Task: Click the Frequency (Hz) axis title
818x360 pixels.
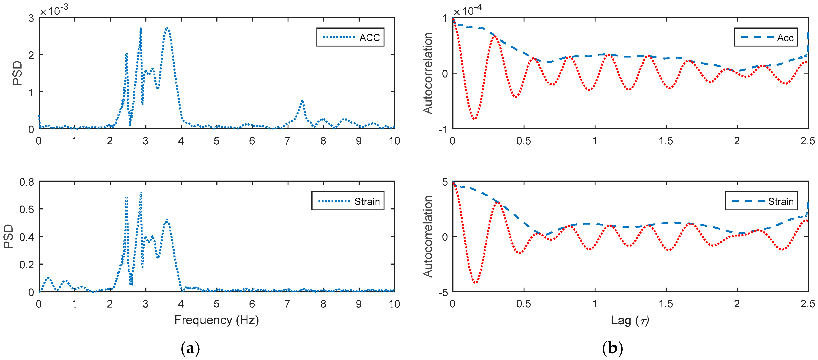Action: point(217,320)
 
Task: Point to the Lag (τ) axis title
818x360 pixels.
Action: point(630,320)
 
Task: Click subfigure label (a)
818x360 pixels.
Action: point(190,349)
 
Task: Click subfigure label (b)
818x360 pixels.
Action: point(612,349)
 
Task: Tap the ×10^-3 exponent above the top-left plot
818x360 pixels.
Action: point(54,11)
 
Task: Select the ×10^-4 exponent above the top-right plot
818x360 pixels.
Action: point(467,11)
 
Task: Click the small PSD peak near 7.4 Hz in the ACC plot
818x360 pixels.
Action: point(302,101)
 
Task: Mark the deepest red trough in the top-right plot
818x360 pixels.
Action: point(474,119)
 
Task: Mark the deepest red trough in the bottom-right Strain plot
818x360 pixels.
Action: point(475,282)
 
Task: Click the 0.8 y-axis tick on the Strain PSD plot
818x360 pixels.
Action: point(27,182)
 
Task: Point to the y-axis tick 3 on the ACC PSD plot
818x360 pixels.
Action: point(31,18)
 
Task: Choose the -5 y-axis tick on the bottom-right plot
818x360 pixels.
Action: point(443,292)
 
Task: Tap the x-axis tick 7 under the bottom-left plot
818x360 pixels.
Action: point(287,304)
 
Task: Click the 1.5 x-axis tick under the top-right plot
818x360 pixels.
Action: point(666,141)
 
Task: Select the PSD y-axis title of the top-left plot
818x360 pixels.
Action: point(17,73)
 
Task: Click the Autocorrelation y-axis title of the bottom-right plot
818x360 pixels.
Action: point(428,236)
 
